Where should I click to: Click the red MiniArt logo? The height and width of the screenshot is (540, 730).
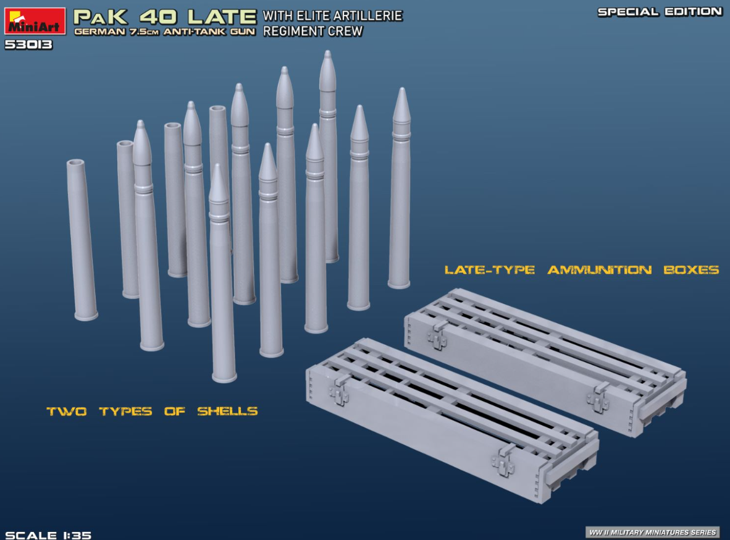35,21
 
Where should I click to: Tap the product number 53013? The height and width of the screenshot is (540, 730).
28,44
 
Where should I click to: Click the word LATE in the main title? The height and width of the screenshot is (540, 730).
222,17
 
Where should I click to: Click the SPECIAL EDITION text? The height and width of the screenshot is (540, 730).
660,12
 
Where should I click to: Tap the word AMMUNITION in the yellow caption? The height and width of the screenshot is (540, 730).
599,270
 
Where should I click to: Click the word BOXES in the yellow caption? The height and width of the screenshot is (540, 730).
691,270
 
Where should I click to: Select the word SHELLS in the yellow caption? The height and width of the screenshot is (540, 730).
227,411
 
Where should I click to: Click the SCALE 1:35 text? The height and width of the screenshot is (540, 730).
48,535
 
